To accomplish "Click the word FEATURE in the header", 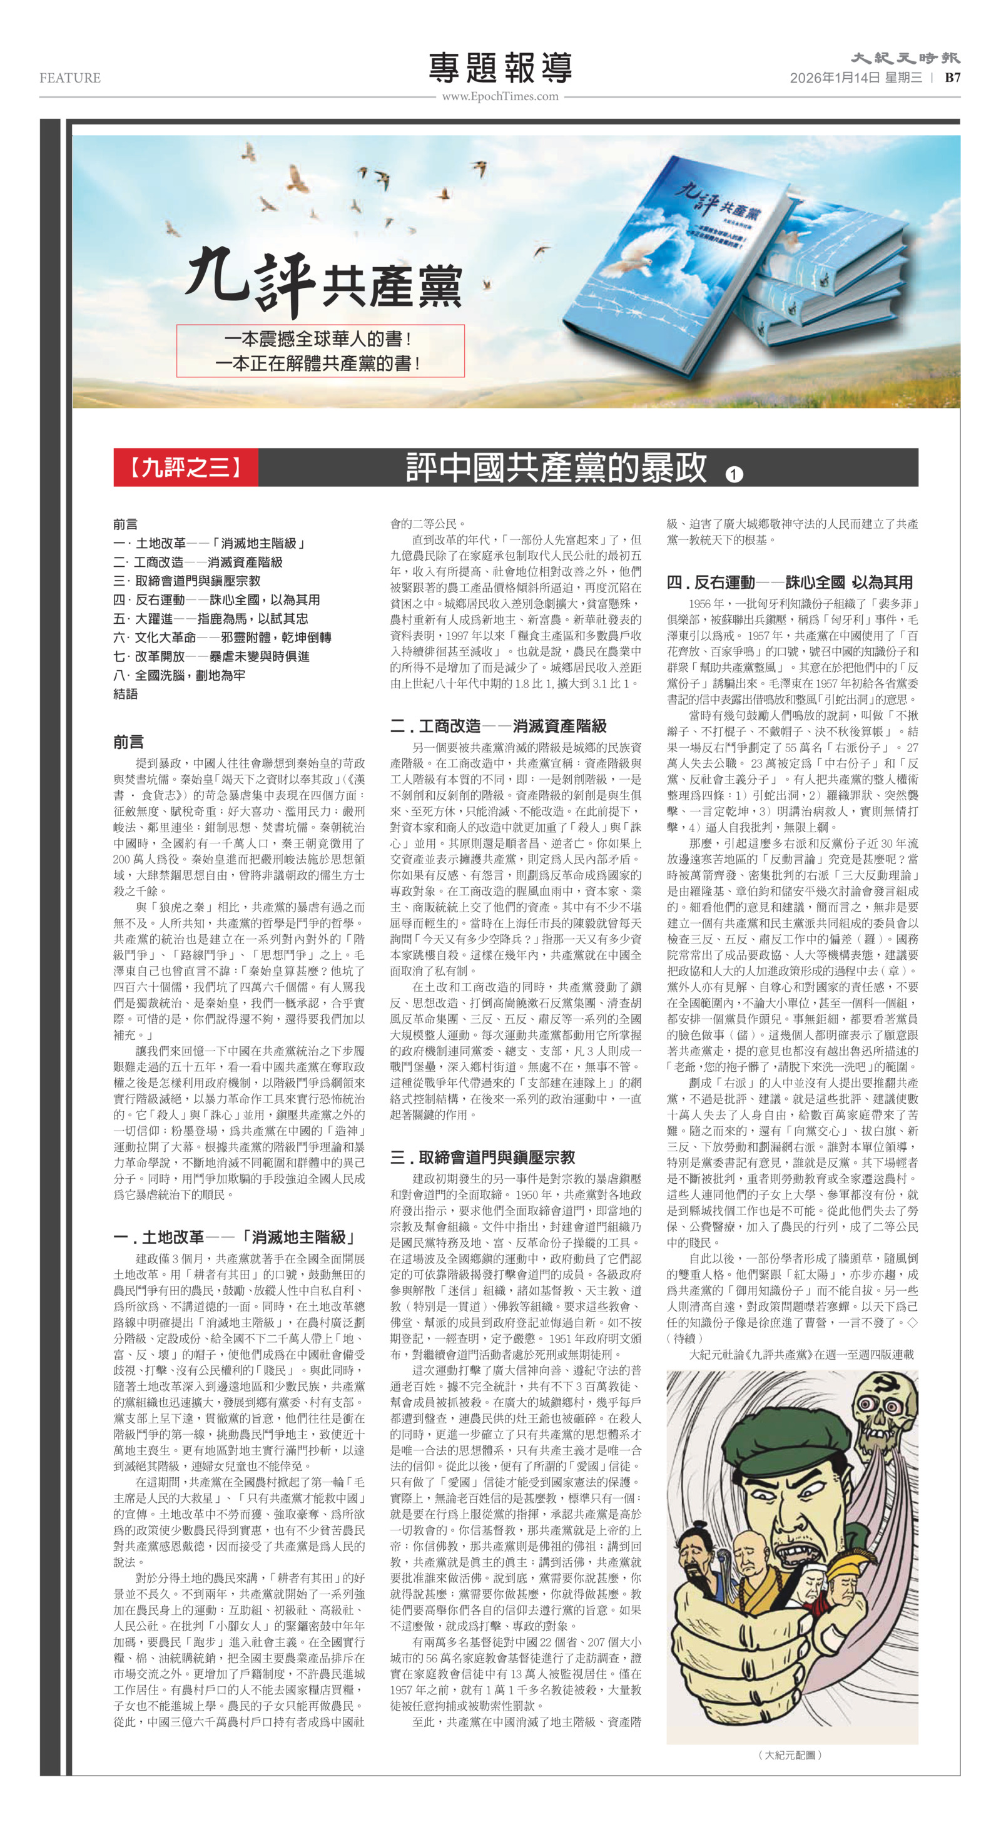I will click(70, 78).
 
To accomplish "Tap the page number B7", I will click(952, 78).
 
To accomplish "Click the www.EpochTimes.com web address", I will click(500, 96).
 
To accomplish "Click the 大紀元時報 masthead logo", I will click(905, 58).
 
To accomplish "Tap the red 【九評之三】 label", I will click(186, 467).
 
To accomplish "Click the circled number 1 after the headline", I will click(734, 474).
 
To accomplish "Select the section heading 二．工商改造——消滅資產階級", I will click(498, 726).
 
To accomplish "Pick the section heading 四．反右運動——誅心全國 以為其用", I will click(790, 582).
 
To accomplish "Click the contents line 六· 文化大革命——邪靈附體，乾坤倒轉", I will click(222, 638).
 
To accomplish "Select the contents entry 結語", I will click(125, 694).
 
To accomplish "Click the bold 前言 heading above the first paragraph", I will click(128, 742).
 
